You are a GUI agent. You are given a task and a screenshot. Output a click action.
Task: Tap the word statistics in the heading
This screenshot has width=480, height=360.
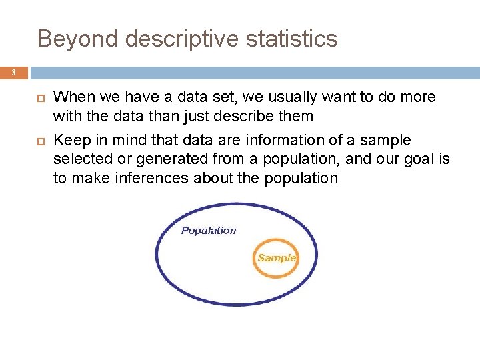294,39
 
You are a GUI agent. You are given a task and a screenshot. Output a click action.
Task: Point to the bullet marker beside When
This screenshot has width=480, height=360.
37,97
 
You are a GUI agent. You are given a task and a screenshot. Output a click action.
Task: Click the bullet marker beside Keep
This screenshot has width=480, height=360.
37,141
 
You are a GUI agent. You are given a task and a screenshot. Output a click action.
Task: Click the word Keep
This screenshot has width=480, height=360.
68,141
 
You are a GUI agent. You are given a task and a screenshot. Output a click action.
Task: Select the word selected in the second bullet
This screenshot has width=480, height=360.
83,159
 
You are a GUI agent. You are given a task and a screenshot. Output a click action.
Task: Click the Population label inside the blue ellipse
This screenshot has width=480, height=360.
209,231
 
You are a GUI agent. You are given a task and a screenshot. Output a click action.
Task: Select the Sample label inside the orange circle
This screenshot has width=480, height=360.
276,258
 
